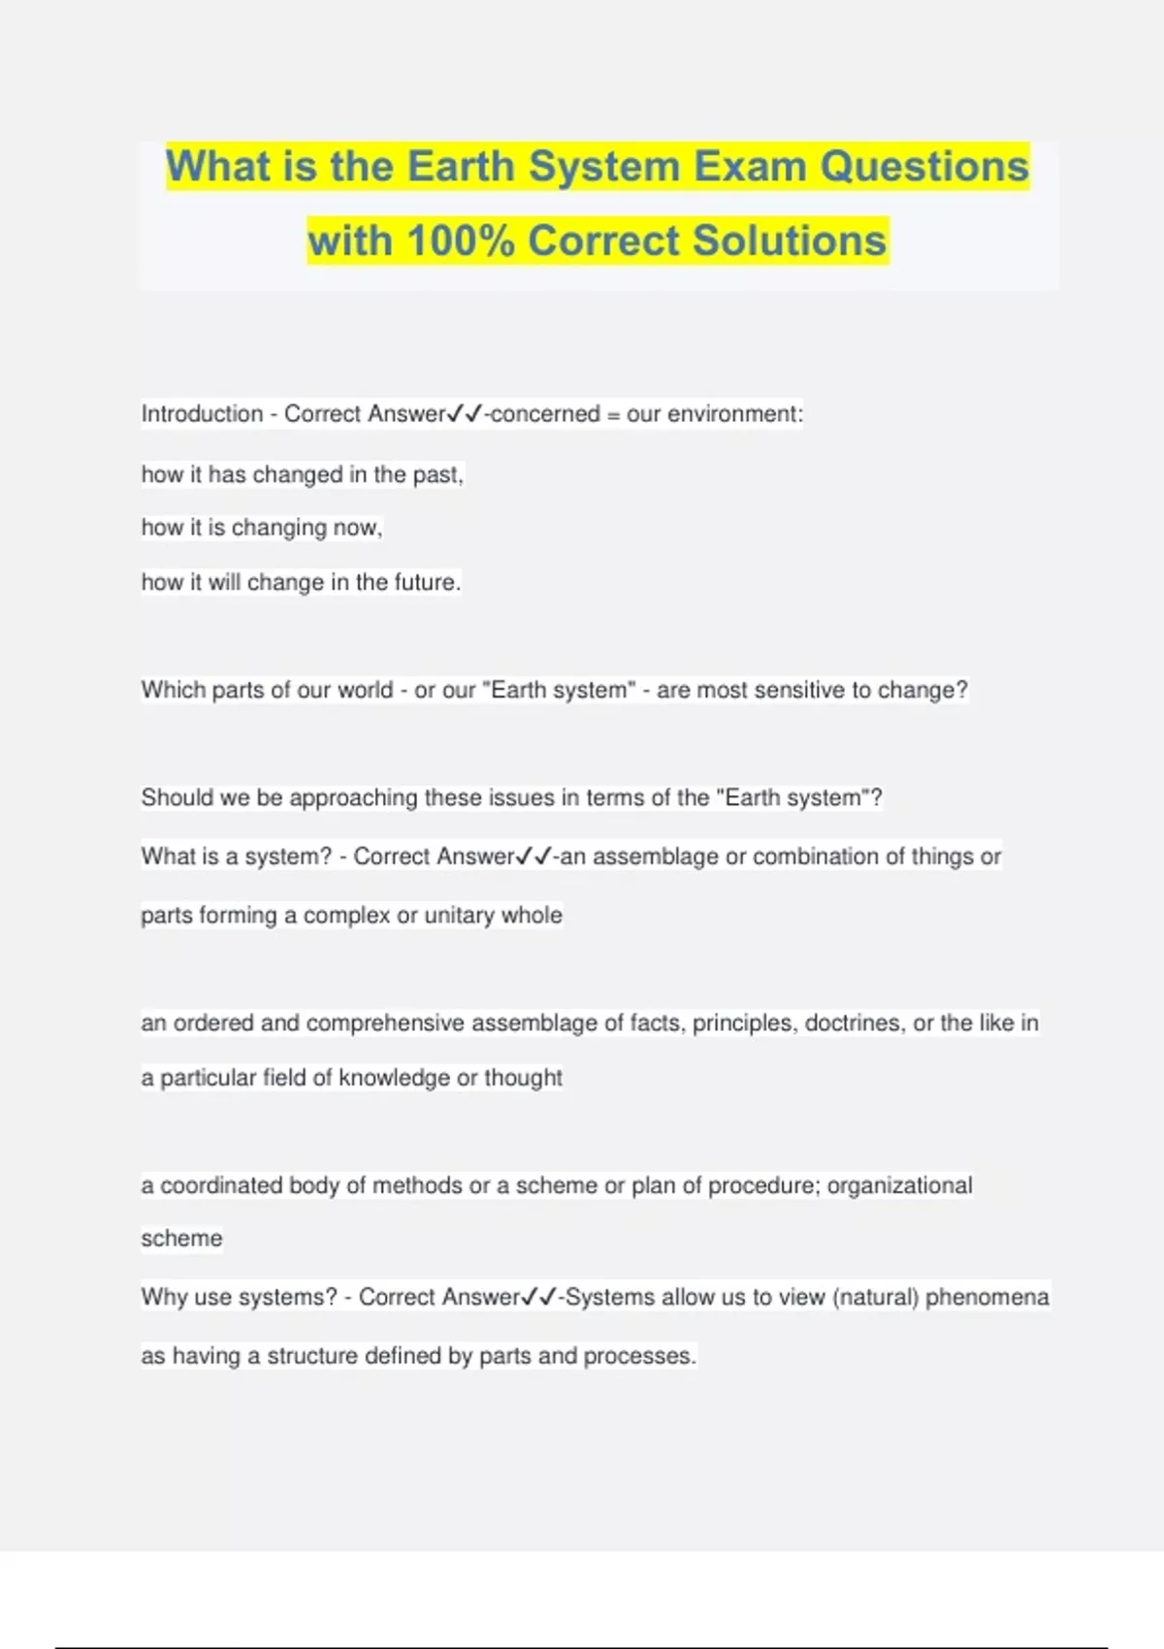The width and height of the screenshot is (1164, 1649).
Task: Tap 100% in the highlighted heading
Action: (x=461, y=241)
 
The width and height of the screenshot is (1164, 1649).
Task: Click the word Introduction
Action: (x=202, y=414)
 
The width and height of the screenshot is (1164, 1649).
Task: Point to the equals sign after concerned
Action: (x=613, y=415)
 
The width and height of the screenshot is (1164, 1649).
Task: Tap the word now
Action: (x=357, y=529)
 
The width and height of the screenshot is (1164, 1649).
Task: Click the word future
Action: (x=426, y=582)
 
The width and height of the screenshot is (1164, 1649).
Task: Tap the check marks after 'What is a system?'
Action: (x=534, y=857)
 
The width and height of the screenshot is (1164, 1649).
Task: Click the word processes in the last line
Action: (x=639, y=1356)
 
